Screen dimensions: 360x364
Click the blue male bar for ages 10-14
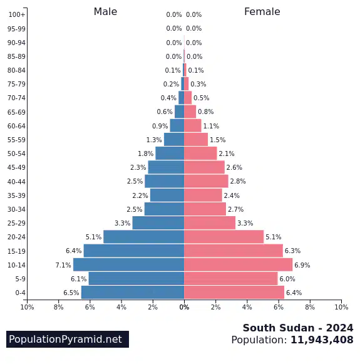[129, 264]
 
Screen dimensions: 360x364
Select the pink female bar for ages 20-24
[224, 237]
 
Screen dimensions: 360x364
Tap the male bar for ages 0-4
[133, 293]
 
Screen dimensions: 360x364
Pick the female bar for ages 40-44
[206, 181]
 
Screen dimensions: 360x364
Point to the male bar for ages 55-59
[174, 140]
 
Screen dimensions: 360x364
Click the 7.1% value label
[63, 265]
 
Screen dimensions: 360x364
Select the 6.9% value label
[302, 265]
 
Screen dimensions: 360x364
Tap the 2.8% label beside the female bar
[238, 181]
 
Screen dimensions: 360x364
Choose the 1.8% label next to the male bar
[146, 153]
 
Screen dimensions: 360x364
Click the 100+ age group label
[17, 14]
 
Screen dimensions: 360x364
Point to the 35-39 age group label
[16, 195]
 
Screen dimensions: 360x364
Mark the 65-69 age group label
[16, 112]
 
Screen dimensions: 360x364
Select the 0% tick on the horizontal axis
[184, 307]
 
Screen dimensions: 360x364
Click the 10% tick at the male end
[27, 307]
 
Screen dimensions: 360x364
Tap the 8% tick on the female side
[310, 307]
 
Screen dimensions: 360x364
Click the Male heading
[105, 12]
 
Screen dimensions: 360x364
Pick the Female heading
[262, 12]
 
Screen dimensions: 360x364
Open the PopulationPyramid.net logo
[68, 339]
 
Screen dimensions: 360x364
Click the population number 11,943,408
[322, 340]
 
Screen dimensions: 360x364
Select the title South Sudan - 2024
[298, 328]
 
